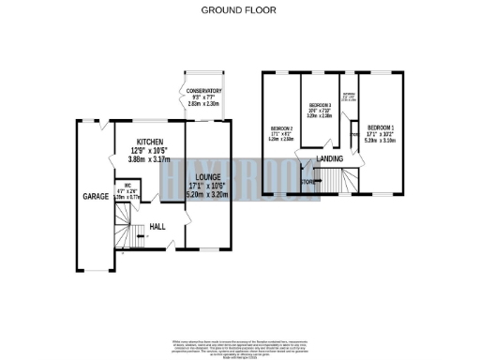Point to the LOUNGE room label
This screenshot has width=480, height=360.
[207, 176]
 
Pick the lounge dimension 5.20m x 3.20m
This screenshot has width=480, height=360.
[207, 195]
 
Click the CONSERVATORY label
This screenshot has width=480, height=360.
[202, 91]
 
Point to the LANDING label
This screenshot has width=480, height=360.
[328, 160]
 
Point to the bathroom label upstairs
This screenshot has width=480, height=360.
[348, 95]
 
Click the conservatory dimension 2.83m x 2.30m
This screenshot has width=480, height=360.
[202, 105]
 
